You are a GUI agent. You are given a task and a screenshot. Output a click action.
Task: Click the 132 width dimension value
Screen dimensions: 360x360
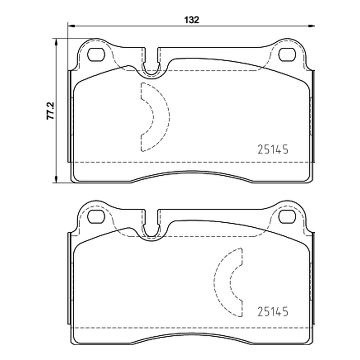pyautogui.click(x=192, y=20)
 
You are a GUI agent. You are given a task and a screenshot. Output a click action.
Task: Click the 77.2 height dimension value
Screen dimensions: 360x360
pyautogui.click(x=50, y=111)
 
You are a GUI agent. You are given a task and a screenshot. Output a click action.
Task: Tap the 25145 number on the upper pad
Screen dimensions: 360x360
pyautogui.click(x=273, y=149)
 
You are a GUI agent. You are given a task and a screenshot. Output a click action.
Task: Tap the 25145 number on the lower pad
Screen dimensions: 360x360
pyautogui.click(x=273, y=311)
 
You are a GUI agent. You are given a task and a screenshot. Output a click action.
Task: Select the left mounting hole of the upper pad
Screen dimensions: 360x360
pyautogui.click(x=96, y=54)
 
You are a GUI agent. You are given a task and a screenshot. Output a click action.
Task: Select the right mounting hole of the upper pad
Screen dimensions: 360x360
pyautogui.click(x=287, y=54)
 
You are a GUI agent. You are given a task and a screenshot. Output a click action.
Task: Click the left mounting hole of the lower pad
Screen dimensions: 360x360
pyautogui.click(x=96, y=216)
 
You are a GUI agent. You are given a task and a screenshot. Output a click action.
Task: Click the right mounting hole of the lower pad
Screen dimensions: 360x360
pyautogui.click(x=287, y=216)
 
